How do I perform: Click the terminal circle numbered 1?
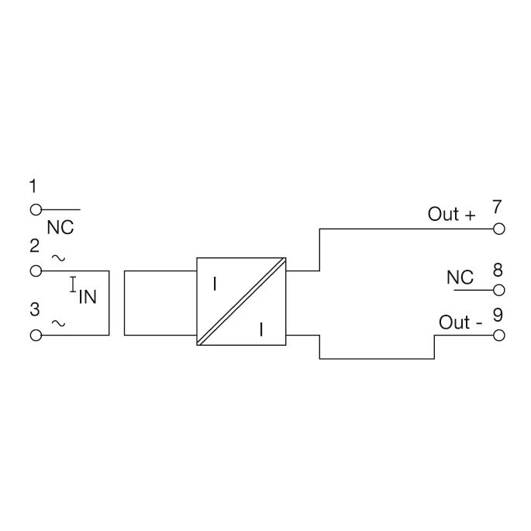coord(36,210)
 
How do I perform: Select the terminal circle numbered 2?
coord(36,271)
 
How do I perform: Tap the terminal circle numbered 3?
coord(36,335)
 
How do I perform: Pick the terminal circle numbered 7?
coord(498,229)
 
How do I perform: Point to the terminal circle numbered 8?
coord(498,290)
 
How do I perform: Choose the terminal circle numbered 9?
coord(498,336)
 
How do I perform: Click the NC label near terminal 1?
coord(60,228)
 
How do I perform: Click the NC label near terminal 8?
coord(460,278)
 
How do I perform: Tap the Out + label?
coord(451,214)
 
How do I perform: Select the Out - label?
coord(460,322)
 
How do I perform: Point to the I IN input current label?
coord(83,290)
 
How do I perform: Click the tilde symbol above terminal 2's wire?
coord(58,258)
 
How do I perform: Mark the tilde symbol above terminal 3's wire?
coord(58,323)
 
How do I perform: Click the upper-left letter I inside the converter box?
coord(215,284)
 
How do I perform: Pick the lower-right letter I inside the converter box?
coord(261,329)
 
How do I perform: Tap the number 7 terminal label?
coord(496,206)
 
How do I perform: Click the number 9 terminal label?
coord(498,315)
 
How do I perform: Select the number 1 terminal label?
coord(33,186)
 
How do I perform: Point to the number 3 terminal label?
coord(35,309)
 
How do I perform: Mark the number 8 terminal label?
coord(498,271)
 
